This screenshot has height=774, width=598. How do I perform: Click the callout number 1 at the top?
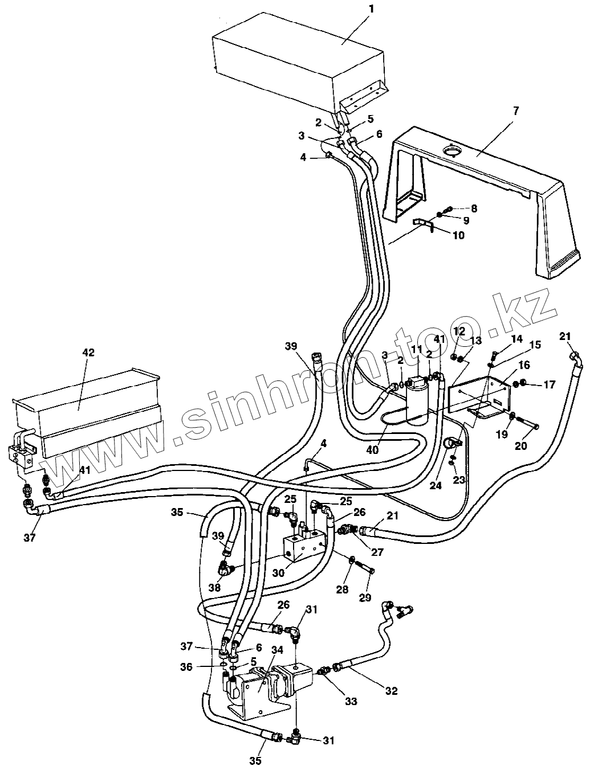(x=371, y=9)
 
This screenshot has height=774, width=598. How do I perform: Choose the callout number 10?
(x=458, y=235)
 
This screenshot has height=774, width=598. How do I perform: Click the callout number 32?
(x=390, y=691)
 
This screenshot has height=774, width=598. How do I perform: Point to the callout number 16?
(x=524, y=365)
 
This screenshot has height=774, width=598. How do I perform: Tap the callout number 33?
(x=351, y=702)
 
